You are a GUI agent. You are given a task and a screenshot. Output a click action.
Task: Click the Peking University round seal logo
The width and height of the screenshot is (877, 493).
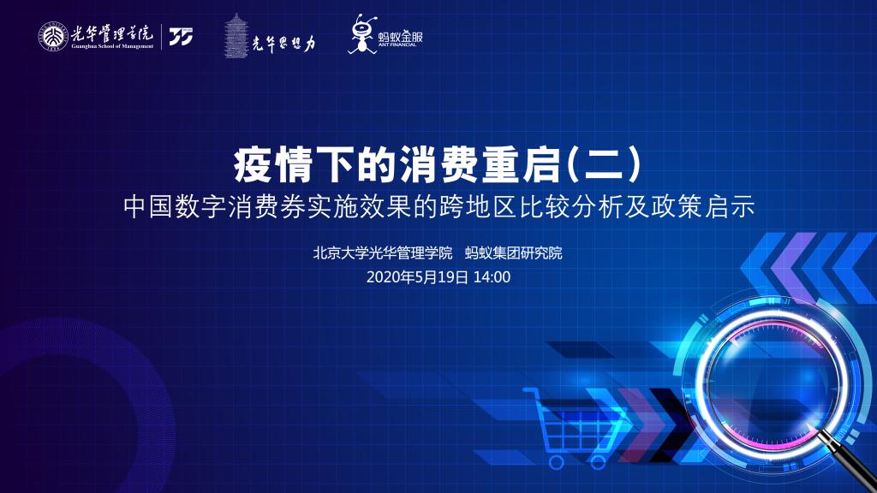point(51,36)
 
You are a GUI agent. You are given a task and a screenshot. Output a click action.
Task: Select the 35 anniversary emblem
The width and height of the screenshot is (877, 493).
point(181,36)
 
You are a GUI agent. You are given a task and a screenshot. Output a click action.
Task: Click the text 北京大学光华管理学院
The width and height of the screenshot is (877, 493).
point(382,253)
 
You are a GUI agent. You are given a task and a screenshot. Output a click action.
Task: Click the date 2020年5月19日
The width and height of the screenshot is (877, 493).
point(417,277)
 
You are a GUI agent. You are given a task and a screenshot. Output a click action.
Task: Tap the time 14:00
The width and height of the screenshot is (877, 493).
point(492,277)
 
